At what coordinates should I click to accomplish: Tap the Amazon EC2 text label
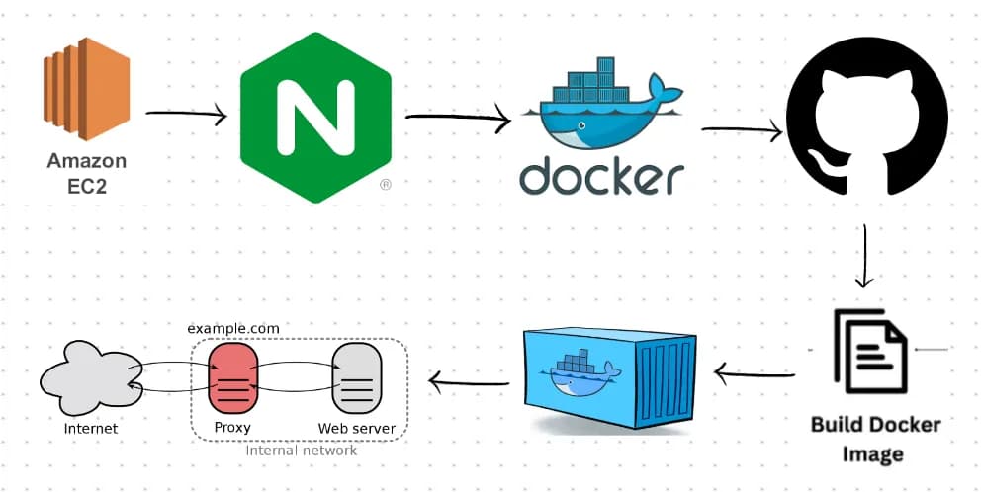(87, 172)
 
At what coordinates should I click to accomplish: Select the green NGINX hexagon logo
(314, 117)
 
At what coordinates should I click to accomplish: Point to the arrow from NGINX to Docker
(457, 119)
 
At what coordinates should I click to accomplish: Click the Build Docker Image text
(876, 439)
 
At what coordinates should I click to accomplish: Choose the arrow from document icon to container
(755, 373)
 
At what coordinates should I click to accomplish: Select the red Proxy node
(233, 379)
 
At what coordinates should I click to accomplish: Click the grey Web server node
(356, 379)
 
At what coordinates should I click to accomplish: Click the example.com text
(233, 328)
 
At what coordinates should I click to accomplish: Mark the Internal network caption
(301, 451)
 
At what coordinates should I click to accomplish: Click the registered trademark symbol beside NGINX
(385, 184)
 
